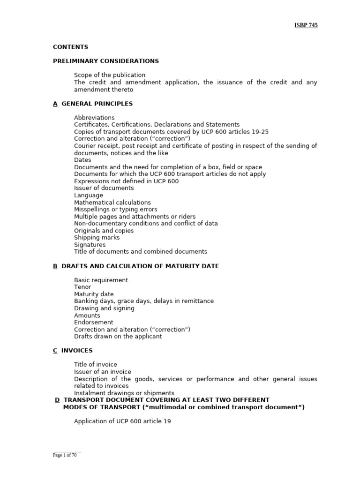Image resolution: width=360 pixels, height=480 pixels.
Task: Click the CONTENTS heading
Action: [x=70, y=47]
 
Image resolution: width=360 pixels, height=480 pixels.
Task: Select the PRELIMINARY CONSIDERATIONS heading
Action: [x=106, y=61]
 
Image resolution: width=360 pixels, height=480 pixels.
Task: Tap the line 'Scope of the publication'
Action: [x=110, y=75]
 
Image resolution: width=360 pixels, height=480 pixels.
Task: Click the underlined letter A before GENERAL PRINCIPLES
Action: [x=55, y=104]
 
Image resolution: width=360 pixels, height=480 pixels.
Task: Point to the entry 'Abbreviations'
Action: [x=94, y=118]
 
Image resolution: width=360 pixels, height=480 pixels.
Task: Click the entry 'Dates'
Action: [x=82, y=160]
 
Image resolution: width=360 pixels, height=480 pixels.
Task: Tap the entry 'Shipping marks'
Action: [x=97, y=238]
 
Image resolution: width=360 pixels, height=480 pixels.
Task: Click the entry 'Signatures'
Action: [x=90, y=245]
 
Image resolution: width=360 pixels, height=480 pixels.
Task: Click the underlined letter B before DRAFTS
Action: [x=55, y=266]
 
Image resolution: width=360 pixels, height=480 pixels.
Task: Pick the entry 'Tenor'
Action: [x=82, y=287]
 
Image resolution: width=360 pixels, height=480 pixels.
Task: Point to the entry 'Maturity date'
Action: [x=94, y=294]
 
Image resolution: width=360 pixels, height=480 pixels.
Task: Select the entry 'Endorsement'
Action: [x=94, y=322]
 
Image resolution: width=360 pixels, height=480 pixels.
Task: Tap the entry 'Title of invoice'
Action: [x=96, y=365]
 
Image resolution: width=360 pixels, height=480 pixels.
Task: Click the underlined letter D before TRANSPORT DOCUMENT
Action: [x=57, y=400]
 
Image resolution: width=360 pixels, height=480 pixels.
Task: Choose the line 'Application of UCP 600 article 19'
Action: [x=122, y=421]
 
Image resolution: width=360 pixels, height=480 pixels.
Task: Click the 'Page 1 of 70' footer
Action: [x=64, y=455]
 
